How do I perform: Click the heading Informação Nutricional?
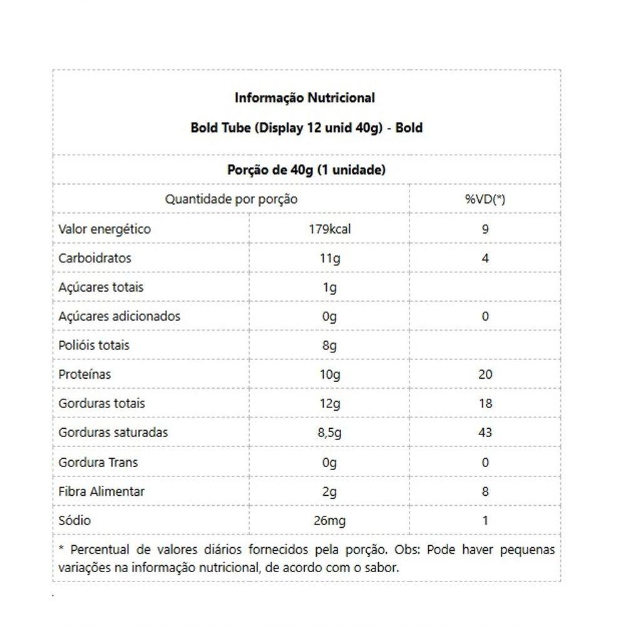(305, 98)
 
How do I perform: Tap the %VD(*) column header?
(485, 200)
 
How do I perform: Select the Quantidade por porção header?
(231, 200)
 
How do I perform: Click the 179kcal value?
(329, 229)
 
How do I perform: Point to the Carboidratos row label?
(95, 258)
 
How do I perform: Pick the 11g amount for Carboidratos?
(329, 258)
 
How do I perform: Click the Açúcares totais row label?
(101, 287)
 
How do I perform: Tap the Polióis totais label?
(94, 346)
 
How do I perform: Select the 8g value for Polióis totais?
(329, 346)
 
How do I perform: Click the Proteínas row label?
(85, 374)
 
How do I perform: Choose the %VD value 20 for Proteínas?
(485, 374)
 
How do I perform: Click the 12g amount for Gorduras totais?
(329, 404)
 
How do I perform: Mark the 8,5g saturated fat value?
(329, 433)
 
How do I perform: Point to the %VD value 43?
(485, 433)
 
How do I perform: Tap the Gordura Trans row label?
(98, 463)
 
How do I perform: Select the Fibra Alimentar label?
(101, 491)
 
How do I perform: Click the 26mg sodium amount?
(329, 521)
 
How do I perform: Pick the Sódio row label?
(74, 521)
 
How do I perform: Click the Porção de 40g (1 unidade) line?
(305, 170)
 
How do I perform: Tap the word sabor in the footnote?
(381, 568)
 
